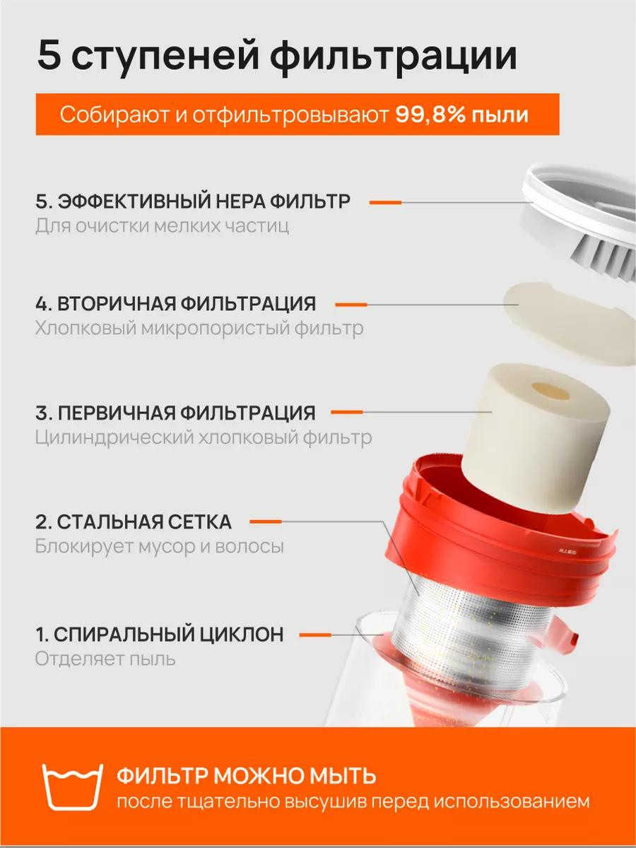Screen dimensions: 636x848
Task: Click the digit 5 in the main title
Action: [x=49, y=55]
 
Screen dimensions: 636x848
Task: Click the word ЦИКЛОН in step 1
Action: [x=241, y=635]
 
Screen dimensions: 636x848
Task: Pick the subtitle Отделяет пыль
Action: [x=105, y=659]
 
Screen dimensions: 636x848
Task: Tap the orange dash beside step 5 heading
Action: [x=385, y=202]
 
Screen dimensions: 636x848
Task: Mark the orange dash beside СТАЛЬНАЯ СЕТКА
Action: [x=266, y=522]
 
